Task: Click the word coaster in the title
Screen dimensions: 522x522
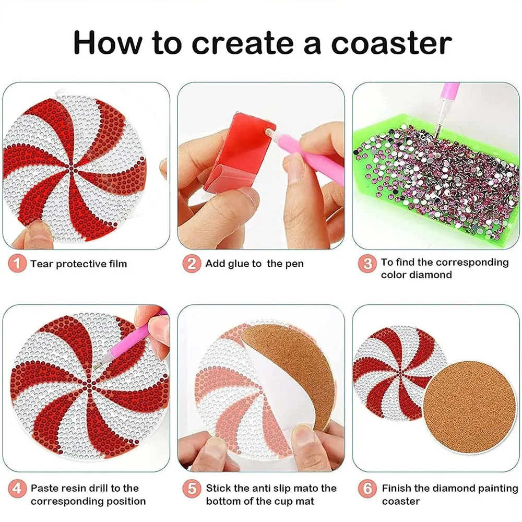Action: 391,43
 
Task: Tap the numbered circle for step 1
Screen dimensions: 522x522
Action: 17,264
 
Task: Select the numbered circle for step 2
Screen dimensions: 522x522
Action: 192,264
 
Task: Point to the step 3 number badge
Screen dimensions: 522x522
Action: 367,264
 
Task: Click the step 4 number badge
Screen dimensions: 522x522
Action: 17,489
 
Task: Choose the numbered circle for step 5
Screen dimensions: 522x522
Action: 192,489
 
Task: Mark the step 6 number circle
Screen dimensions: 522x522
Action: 367,489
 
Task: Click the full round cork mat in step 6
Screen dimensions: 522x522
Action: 469,408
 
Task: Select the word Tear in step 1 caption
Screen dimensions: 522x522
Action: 42,264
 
